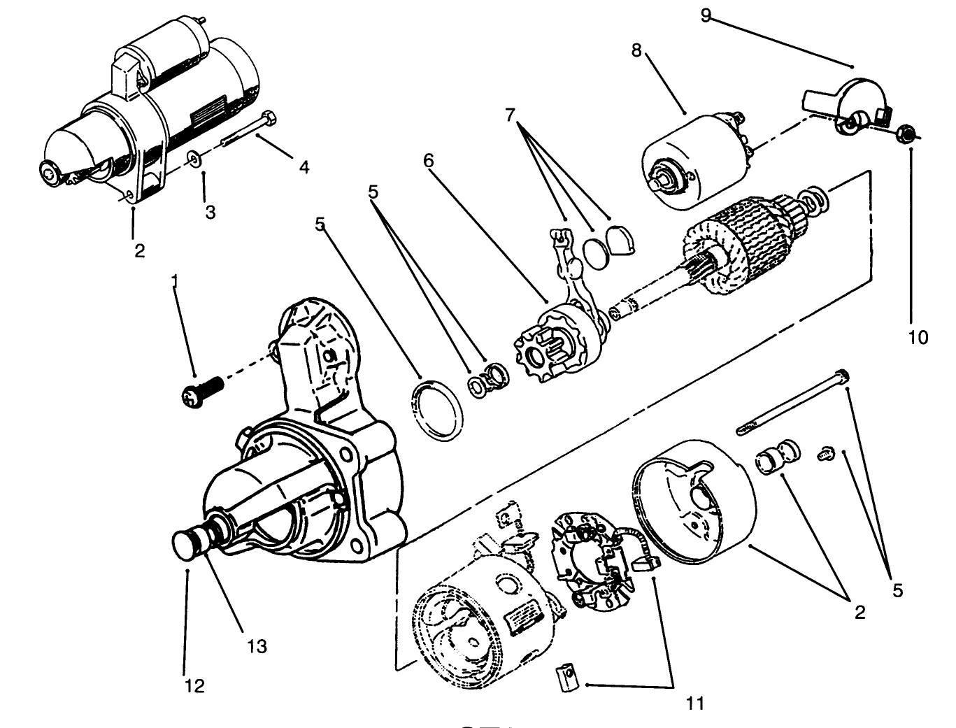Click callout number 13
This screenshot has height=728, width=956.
tap(257, 647)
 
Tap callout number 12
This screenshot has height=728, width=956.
tap(194, 687)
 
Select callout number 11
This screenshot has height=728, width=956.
tap(695, 704)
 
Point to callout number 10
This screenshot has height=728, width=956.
tap(918, 338)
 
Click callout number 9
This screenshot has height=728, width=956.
tap(706, 15)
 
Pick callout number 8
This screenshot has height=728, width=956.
tap(637, 51)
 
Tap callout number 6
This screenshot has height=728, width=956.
tap(429, 161)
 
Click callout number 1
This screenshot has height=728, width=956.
tap(175, 282)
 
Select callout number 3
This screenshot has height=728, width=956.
tap(211, 213)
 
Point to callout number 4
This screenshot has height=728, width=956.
tap(304, 166)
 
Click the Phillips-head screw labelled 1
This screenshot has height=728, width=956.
tap(201, 391)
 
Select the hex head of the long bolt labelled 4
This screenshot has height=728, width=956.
tap(270, 118)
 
